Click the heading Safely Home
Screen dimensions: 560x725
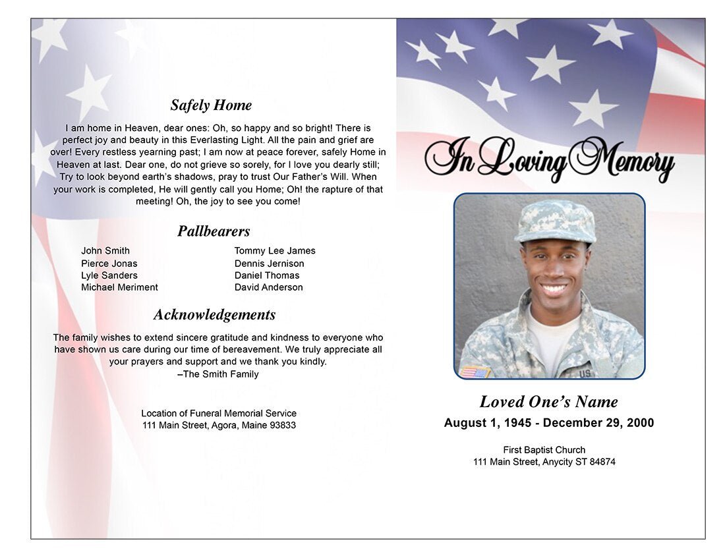(x=211, y=105)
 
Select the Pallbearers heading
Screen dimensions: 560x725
(x=214, y=231)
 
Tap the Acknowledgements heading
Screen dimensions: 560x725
(x=214, y=315)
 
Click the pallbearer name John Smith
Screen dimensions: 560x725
(x=105, y=251)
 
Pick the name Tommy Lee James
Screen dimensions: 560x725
(x=275, y=251)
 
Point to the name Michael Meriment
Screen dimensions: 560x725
(x=119, y=287)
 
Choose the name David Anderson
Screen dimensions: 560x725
(x=269, y=287)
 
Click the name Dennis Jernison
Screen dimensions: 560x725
(x=270, y=264)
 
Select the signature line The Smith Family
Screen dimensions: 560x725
(x=218, y=374)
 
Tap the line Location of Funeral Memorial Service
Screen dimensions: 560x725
(x=219, y=413)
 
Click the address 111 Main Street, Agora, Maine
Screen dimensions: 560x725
(x=219, y=426)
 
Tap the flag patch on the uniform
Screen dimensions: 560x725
(x=475, y=372)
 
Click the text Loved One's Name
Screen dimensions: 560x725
(x=548, y=402)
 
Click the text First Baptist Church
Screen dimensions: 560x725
(x=544, y=450)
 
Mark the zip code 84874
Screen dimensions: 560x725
(x=602, y=462)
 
